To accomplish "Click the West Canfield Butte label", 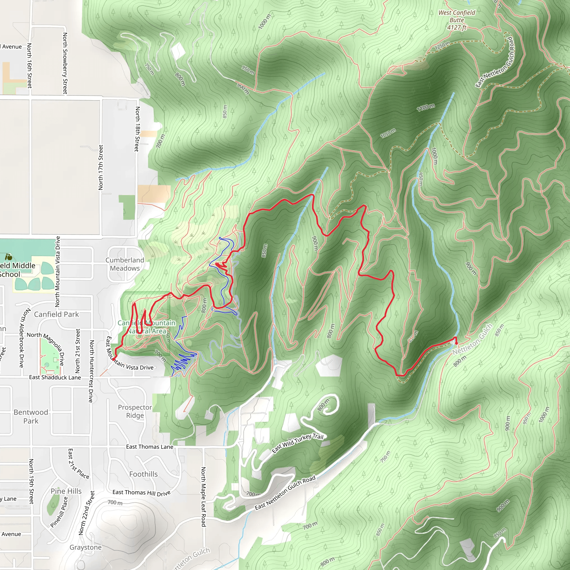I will pyautogui.click(x=457, y=20).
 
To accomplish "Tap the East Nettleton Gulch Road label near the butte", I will pyautogui.click(x=494, y=62).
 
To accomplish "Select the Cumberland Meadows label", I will pyautogui.click(x=125, y=264).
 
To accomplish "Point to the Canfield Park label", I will pyautogui.click(x=56, y=314).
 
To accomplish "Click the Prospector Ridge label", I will pyautogui.click(x=135, y=411).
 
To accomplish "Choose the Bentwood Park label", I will pyautogui.click(x=31, y=416).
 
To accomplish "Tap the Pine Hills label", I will pyautogui.click(x=66, y=491).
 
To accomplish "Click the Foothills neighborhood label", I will pyautogui.click(x=143, y=474).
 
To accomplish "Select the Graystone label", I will pyautogui.click(x=85, y=547).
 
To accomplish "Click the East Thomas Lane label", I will pyautogui.click(x=149, y=447).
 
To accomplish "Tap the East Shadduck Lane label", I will pyautogui.click(x=55, y=377).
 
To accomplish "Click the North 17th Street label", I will pyautogui.click(x=101, y=167).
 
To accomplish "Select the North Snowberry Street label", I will pyautogui.click(x=65, y=63).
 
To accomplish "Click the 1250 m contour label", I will pyautogui.click(x=442, y=46).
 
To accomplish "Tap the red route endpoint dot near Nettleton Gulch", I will pyautogui.click(x=456, y=343).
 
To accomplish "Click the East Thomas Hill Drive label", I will pyautogui.click(x=141, y=493).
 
